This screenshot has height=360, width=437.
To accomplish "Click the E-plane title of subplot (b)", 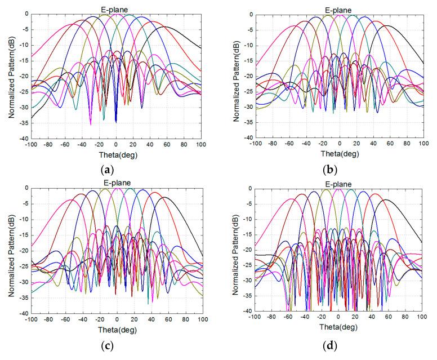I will point(339,10).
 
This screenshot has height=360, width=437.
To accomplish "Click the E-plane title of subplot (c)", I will point(117,184).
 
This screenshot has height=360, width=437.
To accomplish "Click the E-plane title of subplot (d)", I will point(338,184).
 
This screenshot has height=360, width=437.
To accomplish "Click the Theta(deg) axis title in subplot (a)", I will point(115,154).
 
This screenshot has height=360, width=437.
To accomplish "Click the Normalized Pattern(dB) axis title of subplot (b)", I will point(234,75).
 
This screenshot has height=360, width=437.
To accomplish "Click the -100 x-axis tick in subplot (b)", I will point(255,144).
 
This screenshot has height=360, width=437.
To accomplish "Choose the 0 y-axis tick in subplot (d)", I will point(248,189).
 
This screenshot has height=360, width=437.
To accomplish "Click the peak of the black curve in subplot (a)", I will point(165,26).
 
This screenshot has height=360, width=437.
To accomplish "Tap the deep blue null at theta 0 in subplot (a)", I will point(116,121).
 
